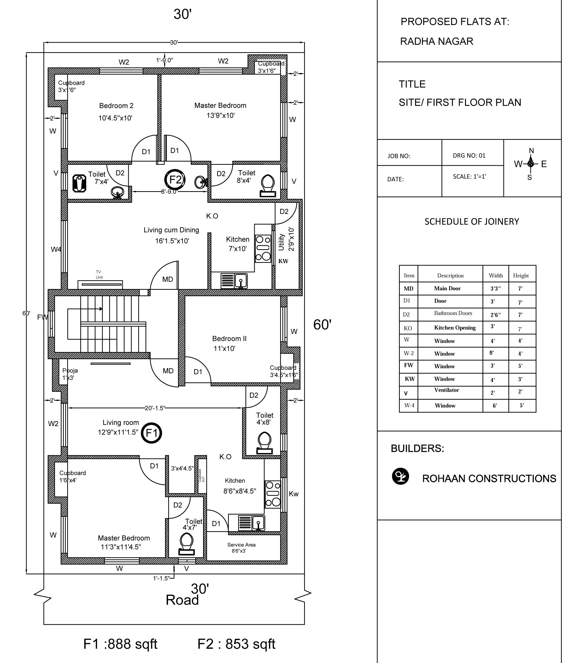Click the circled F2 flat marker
click(175, 180)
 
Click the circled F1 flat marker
click(151, 433)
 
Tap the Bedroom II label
click(229, 338)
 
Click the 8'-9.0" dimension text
click(169, 192)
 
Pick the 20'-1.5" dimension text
click(155, 408)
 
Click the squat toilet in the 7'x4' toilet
click(79, 183)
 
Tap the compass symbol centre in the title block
click(530, 164)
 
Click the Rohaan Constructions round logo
click(400, 476)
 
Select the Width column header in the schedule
click(495, 275)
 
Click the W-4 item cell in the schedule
click(409, 405)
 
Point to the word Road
click(182, 600)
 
